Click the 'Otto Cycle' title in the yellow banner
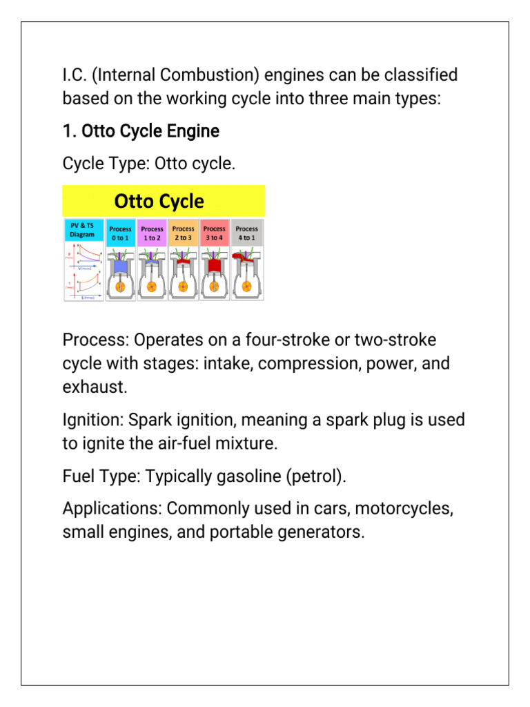159,202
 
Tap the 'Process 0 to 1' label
120,233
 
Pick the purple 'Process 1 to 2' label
152,233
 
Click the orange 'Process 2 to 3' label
183,233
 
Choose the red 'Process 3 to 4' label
215,233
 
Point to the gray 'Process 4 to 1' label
246,233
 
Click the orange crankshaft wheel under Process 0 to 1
120,285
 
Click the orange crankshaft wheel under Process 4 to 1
246,285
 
